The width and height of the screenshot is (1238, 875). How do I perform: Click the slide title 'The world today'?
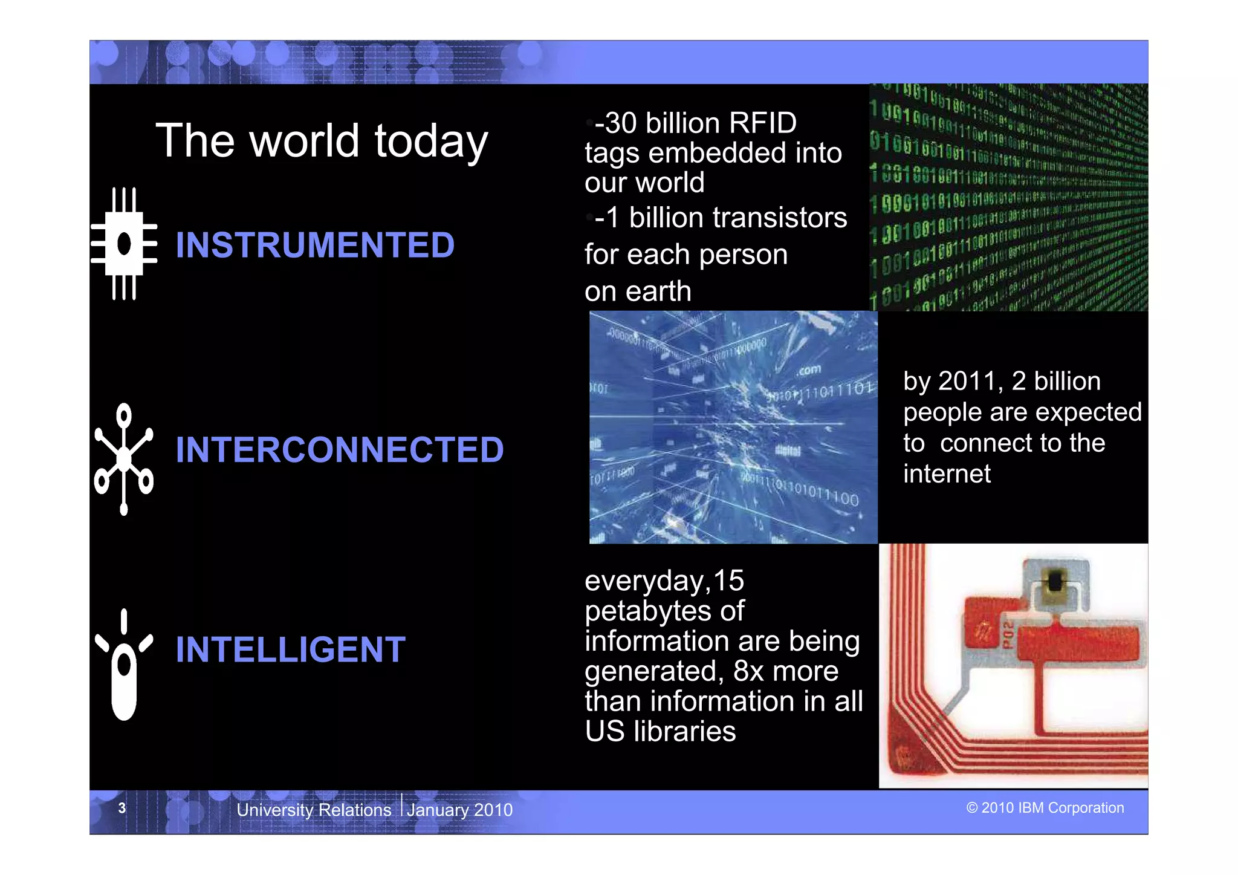[322, 141]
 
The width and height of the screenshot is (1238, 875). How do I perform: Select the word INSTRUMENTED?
[315, 245]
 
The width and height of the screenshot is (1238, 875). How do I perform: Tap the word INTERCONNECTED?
[340, 450]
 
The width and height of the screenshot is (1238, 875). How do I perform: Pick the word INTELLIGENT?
[291, 649]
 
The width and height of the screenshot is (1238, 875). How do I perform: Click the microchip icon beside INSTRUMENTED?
[125, 244]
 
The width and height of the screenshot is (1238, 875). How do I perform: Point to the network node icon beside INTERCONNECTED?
[124, 459]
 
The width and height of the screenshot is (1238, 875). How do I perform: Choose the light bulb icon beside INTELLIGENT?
[124, 665]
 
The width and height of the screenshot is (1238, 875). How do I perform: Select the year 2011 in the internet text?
[967, 382]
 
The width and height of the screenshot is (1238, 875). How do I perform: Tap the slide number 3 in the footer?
[122, 808]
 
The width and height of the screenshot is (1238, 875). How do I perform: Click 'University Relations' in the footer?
[314, 810]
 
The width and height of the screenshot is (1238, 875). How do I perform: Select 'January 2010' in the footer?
[459, 810]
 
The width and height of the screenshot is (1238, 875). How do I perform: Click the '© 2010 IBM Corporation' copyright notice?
[1045, 808]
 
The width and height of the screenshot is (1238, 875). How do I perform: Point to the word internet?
[947, 474]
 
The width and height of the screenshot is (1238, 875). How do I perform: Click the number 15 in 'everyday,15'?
[728, 581]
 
